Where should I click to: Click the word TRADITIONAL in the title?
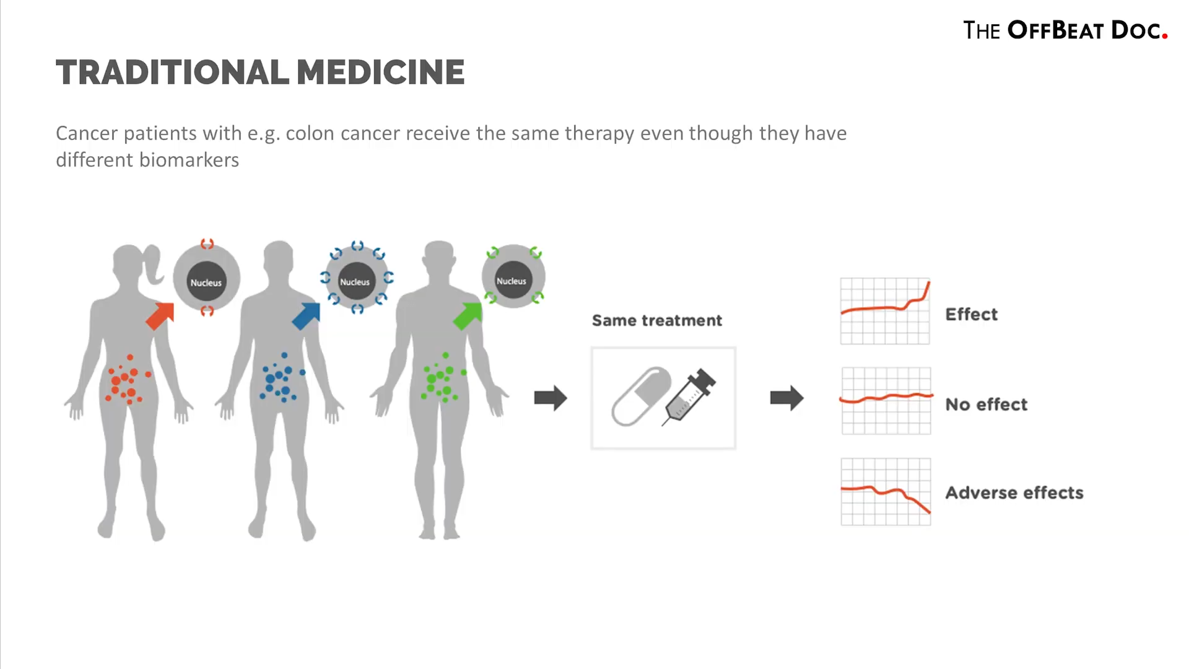172,72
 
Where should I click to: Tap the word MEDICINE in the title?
380,72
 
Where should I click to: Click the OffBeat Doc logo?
1065,30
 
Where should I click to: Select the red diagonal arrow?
160,315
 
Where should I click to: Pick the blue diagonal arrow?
307,315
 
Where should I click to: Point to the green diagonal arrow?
468,315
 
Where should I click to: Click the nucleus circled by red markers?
206,282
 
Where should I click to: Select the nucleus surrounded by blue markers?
355,282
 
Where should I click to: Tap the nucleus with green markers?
512,281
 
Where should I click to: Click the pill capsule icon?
642,396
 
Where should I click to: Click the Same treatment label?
657,320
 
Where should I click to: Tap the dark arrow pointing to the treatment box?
551,398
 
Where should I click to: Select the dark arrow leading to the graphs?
786,398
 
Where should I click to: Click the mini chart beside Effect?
885,311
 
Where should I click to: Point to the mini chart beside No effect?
886,401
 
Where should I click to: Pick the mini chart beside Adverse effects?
886,492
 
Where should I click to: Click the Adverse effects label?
1014,492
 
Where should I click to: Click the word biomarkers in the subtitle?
189,160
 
